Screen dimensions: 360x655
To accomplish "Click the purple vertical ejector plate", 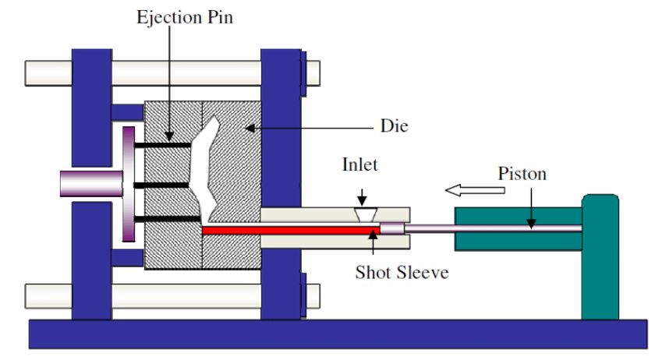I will click(129, 184).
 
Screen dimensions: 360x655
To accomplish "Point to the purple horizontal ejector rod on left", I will click(90, 184).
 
